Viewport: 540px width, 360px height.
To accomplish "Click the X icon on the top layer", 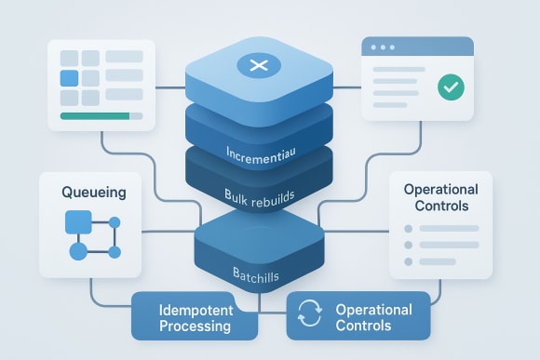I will pos(259,65).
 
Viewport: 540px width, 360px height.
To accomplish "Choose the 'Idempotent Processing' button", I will pos(194,316).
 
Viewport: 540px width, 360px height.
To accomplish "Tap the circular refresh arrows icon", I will pos(307,316).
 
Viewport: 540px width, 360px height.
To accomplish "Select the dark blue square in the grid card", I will pos(68,78).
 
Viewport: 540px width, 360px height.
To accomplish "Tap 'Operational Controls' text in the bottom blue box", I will pos(373,317).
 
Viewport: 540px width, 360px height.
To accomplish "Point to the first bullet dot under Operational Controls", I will pos(406,228).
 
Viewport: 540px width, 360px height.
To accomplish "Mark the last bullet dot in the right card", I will pos(406,261).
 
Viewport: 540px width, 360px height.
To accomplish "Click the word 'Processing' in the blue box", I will pos(194,326).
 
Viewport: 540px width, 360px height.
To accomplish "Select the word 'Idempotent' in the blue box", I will pos(194,308).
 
